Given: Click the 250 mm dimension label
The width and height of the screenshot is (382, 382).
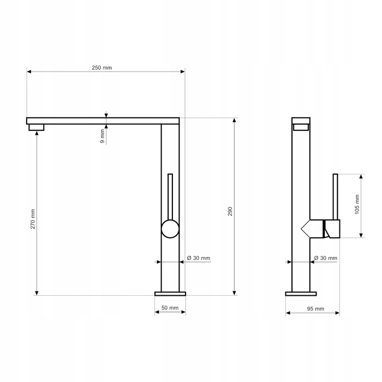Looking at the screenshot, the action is point(102,68).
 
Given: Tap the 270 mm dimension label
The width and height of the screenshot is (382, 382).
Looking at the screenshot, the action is point(33,219).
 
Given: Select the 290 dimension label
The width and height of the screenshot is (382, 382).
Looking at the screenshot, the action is point(230,211).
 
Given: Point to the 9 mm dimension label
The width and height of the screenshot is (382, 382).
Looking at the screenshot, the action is point(103,136).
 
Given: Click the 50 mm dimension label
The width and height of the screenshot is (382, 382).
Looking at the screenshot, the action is point(170,308).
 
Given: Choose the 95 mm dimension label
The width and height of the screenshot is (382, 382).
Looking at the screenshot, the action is point(315,309).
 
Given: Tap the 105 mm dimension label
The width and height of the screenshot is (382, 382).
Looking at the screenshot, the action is point(357,204).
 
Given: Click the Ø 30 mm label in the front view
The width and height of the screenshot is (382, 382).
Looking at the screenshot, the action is point(199,258).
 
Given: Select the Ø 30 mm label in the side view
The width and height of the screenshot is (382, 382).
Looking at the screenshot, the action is point(326,258).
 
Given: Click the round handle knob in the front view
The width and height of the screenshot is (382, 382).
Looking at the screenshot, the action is point(170,229).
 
